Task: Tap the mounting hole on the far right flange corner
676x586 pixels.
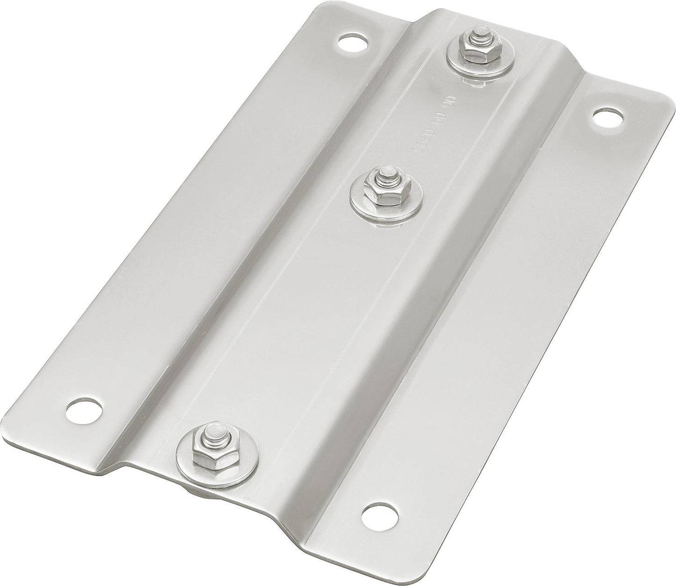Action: click(608, 117)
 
